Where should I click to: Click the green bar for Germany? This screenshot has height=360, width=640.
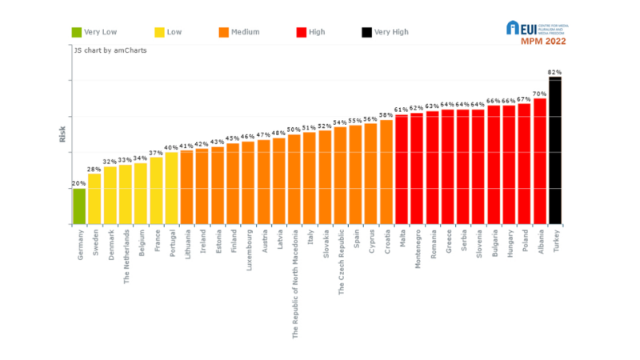point(79,206)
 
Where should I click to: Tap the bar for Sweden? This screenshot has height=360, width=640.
point(94,199)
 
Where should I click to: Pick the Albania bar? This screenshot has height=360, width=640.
point(539,161)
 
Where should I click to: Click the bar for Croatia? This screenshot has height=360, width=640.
point(386,172)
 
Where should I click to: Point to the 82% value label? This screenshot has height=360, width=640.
point(554,72)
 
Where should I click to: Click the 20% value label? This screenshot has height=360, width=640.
point(79,183)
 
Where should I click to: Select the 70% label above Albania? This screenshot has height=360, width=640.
point(539,94)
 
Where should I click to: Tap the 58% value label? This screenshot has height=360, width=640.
point(386,114)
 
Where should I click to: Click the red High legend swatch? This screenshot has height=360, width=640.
point(302,32)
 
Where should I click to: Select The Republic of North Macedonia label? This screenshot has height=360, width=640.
point(294,284)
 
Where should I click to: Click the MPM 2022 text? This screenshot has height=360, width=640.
point(546,41)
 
